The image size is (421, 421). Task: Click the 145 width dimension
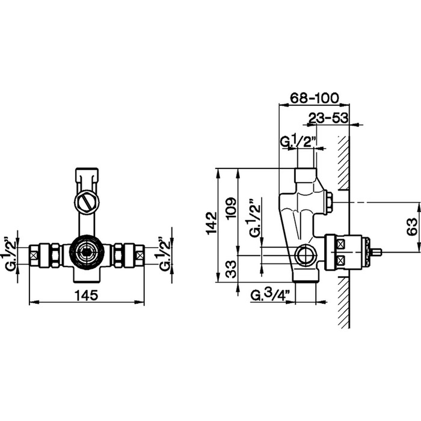(86, 296)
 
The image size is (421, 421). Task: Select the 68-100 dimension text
(315, 98)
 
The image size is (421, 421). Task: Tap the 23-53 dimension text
(328, 118)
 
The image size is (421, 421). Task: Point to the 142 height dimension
(212, 223)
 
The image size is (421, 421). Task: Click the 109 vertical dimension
(231, 209)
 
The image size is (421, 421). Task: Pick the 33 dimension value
(231, 269)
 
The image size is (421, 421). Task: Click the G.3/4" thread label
(270, 295)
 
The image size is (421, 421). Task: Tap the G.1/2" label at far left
(10, 253)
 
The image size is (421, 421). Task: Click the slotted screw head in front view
(87, 202)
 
